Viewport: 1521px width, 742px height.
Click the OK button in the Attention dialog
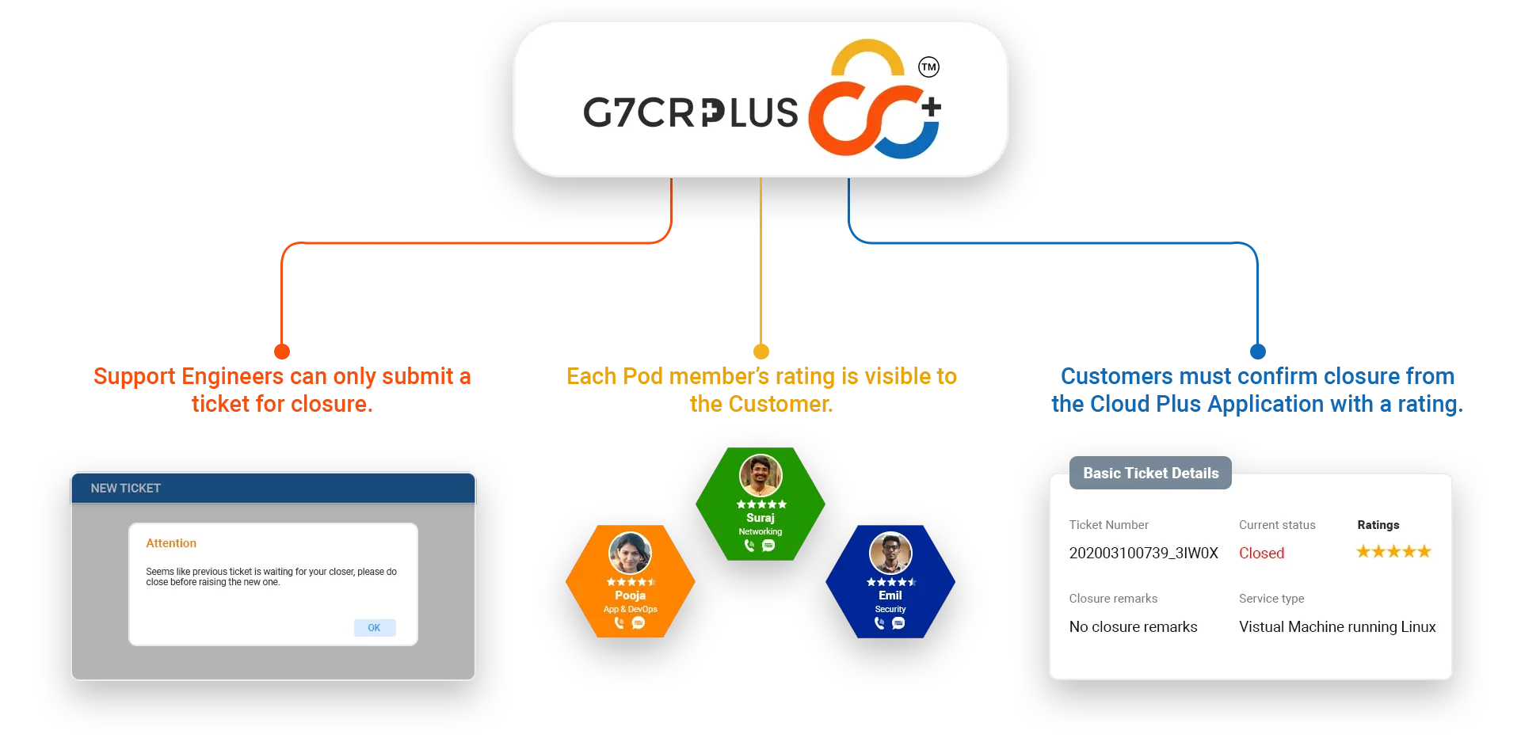[374, 628]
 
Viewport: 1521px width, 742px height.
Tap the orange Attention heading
[171, 543]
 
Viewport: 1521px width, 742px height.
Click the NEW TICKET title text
[125, 489]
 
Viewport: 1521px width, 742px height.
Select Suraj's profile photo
[760, 475]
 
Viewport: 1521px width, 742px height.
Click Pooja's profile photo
[630, 553]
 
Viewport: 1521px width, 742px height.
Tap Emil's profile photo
[890, 553]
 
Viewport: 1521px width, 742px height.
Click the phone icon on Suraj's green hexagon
[749, 546]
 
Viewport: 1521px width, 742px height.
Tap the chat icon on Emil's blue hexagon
[898, 623]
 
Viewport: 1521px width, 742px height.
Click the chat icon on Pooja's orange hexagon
[639, 623]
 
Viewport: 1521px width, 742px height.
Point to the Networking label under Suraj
[760, 531]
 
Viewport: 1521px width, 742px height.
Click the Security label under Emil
[890, 609]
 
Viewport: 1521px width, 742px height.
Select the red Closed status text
[1261, 553]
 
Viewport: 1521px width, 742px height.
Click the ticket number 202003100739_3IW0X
[1143, 553]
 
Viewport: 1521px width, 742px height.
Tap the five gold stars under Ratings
[1393, 551]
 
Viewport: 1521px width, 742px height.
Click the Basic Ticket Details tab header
[1150, 473]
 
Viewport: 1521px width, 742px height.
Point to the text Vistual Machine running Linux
[1337, 626]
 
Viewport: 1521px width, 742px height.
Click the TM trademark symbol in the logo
[928, 67]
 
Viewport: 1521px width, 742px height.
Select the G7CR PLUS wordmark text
[691, 112]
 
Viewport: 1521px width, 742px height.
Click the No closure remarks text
[1133, 626]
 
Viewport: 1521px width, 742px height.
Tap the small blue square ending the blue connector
[1258, 351]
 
